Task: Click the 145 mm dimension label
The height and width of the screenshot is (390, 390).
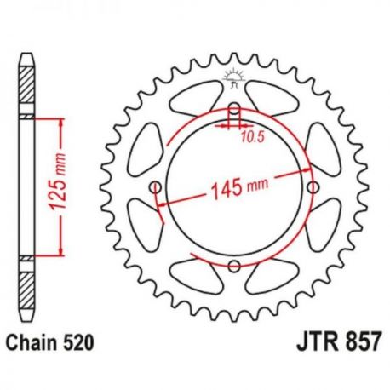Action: pos(239,188)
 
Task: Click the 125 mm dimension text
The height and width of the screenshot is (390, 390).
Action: pos(57,182)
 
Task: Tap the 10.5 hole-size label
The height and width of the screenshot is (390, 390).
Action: pos(253,137)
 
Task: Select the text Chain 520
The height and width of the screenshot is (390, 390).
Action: pos(50,343)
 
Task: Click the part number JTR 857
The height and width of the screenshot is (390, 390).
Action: pos(338,343)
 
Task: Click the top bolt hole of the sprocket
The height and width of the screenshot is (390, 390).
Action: pos(234,108)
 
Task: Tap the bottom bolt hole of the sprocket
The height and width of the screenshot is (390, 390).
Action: pos(234,267)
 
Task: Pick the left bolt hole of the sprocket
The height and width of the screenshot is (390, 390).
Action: pos(155,187)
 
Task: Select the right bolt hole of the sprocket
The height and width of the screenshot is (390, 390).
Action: pos(313,187)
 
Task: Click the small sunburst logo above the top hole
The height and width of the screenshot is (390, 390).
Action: pos(234,78)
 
